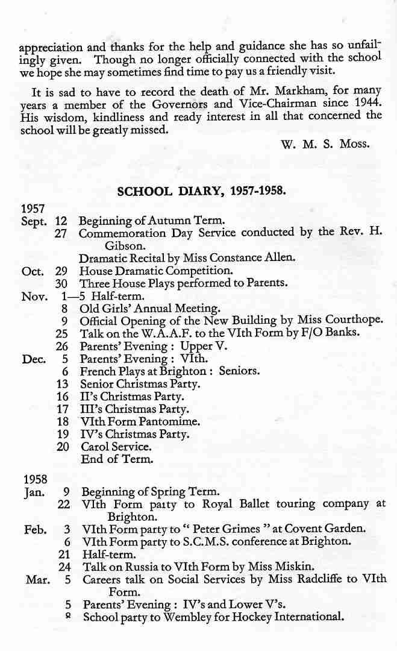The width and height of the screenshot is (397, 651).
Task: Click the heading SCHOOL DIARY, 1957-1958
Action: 201,191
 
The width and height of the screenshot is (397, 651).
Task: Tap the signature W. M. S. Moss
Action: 325,145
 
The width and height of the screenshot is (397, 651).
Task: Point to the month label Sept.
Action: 33,221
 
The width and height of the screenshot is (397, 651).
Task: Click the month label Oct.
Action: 33,271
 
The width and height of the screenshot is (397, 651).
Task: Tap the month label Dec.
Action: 34,359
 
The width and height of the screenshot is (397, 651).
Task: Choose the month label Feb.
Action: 36,529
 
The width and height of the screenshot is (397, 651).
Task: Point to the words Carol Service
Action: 116,447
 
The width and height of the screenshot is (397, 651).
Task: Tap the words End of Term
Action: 117,459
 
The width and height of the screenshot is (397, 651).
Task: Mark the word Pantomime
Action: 166,422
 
